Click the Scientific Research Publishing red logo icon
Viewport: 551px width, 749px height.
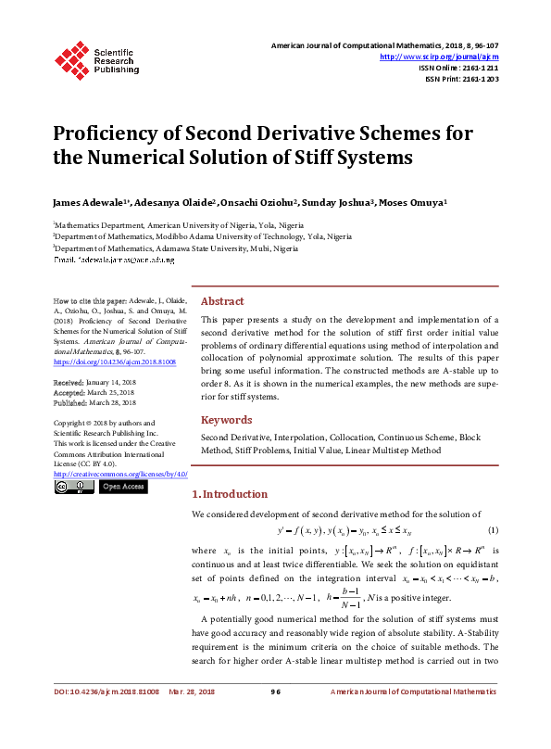pyautogui.click(x=71, y=58)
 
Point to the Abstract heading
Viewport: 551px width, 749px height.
pyautogui.click(x=222, y=301)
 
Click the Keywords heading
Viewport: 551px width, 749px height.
pyautogui.click(x=226, y=420)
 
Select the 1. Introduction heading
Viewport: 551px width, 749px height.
pyautogui.click(x=230, y=494)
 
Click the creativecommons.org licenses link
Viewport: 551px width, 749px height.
pyautogui.click(x=120, y=475)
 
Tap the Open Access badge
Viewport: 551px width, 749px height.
pyautogui.click(x=123, y=487)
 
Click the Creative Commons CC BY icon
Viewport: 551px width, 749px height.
pyautogui.click(x=73, y=487)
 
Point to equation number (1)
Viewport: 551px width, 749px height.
pyautogui.click(x=493, y=530)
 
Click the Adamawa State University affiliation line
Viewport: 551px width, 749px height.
pyautogui.click(x=176, y=249)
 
